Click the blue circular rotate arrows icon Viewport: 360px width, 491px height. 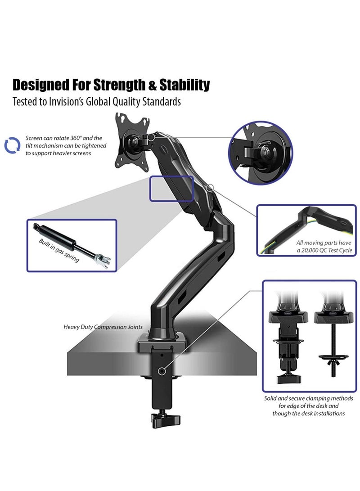tap(12, 145)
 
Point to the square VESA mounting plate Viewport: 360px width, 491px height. tap(133, 140)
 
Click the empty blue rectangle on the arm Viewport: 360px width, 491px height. tap(171, 188)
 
